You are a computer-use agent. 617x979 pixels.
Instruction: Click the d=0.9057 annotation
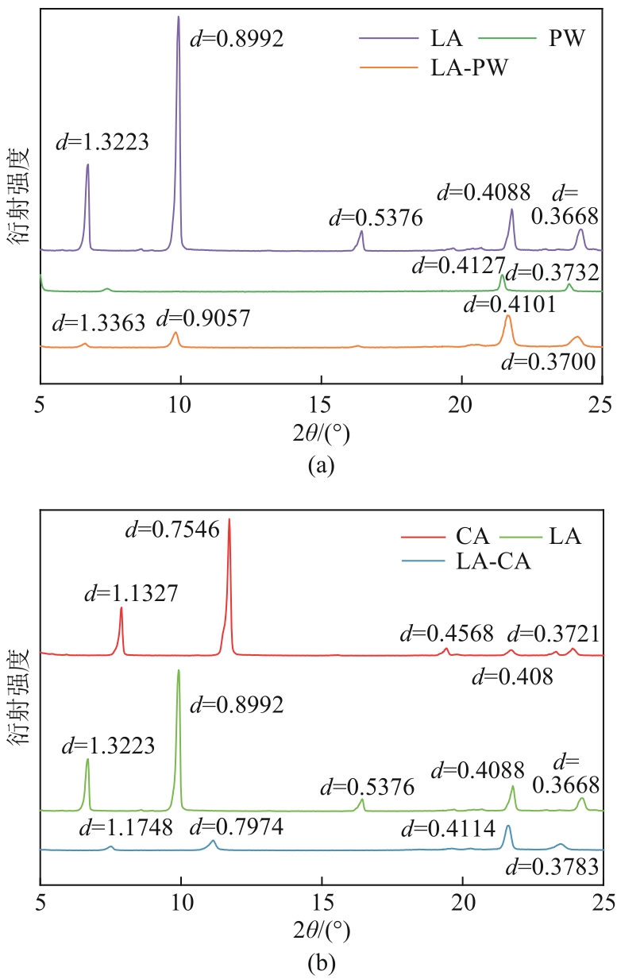coord(203,319)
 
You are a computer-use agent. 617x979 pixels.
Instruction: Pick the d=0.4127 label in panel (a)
coord(458,266)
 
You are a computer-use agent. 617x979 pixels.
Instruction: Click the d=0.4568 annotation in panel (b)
coord(446,633)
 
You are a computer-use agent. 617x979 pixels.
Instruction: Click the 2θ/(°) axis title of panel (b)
coord(321,928)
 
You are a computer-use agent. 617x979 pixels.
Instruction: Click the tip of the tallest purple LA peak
coord(178,17)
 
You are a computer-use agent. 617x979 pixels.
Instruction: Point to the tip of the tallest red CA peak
coord(229,518)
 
